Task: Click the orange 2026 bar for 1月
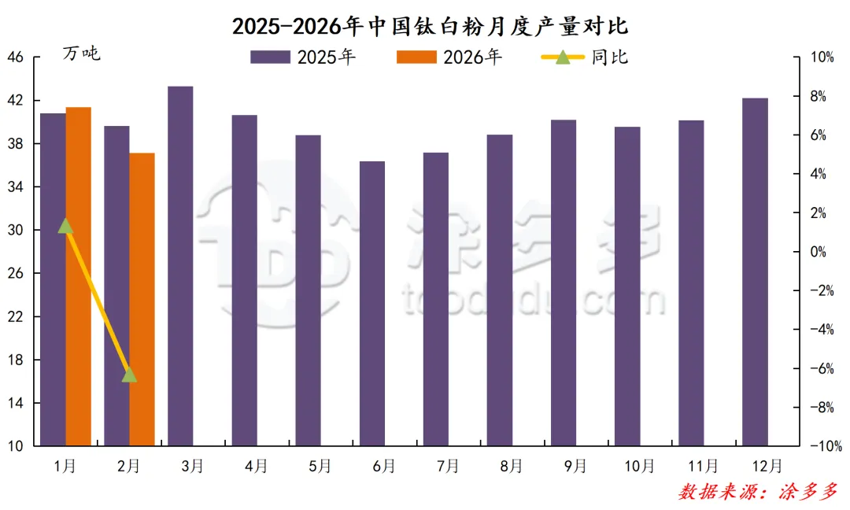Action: click(79, 276)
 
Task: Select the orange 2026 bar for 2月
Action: click(142, 299)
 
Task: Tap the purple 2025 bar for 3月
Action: click(180, 266)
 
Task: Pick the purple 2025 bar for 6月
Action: click(372, 304)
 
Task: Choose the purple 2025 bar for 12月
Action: click(756, 272)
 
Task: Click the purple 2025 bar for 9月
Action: click(564, 283)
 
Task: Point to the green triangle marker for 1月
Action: click(66, 227)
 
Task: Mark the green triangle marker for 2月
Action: click(130, 375)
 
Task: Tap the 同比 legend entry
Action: click(586, 57)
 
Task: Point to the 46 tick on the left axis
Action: click(17, 57)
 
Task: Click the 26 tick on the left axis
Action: click(17, 274)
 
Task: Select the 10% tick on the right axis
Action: click(822, 57)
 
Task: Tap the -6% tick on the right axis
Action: click(821, 368)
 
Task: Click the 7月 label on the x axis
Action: click(448, 466)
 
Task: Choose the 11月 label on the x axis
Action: click(703, 466)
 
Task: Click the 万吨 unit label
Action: click(82, 54)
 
